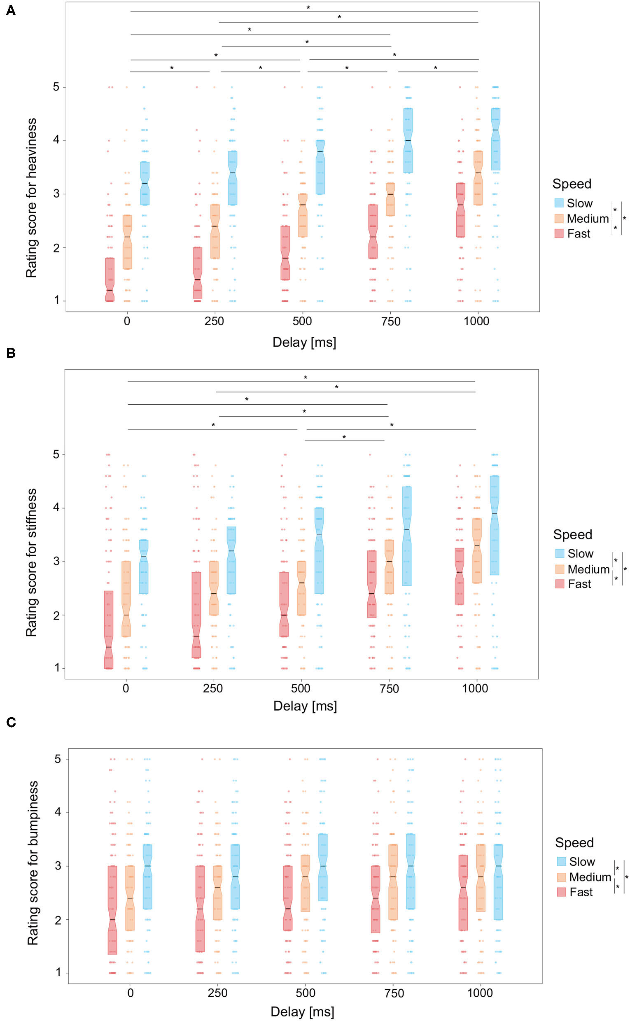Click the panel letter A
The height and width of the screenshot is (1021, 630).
11,10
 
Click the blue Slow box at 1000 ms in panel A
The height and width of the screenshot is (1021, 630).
495,139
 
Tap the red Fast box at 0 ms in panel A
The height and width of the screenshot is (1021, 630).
110,279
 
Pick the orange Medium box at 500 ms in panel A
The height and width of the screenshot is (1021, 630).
303,215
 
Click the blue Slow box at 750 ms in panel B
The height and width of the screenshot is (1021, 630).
407,536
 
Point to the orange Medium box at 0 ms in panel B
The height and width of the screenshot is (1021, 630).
126,599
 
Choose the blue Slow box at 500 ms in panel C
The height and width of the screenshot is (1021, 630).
322,867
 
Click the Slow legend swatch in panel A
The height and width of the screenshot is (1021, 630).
559,203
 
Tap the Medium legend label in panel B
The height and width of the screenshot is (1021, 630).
588,569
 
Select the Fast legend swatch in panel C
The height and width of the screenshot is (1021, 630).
561,892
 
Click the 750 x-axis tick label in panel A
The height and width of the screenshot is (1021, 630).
391,322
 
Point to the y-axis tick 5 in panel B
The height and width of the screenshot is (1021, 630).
56,454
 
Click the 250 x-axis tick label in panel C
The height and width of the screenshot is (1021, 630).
217,993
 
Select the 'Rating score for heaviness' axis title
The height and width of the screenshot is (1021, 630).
31,198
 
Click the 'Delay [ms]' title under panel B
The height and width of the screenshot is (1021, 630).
305,706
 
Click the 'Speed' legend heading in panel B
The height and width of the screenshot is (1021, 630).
572,534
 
